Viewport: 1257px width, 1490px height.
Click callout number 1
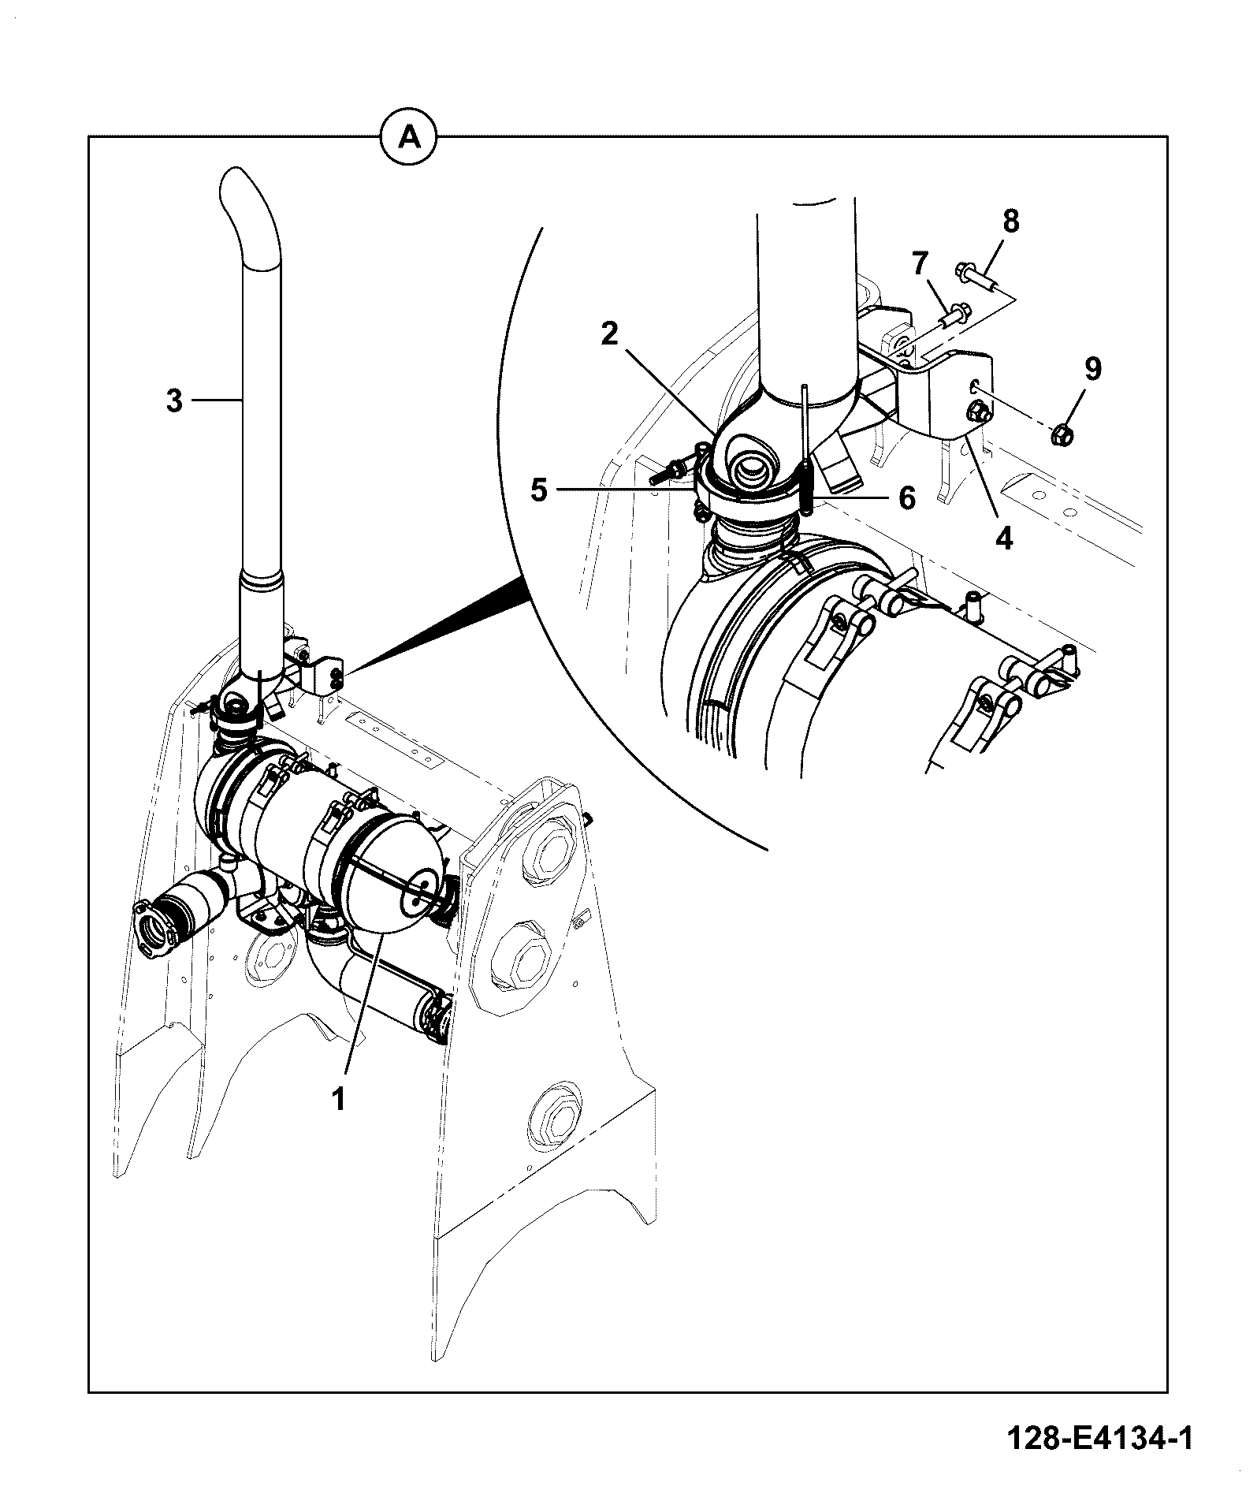[338, 1099]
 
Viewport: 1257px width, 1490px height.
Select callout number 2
[609, 334]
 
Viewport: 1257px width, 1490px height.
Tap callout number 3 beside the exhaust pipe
[175, 400]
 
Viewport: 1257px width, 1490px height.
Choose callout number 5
[539, 490]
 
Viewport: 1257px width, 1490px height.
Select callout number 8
[1010, 222]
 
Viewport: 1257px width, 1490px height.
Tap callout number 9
[1092, 369]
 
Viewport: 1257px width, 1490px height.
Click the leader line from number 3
[218, 400]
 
